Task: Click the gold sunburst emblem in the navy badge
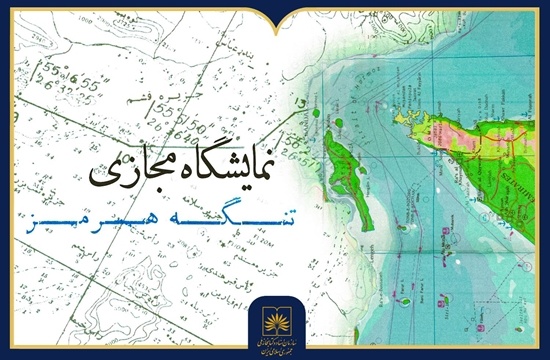pyautogui.click(x=275, y=307)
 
